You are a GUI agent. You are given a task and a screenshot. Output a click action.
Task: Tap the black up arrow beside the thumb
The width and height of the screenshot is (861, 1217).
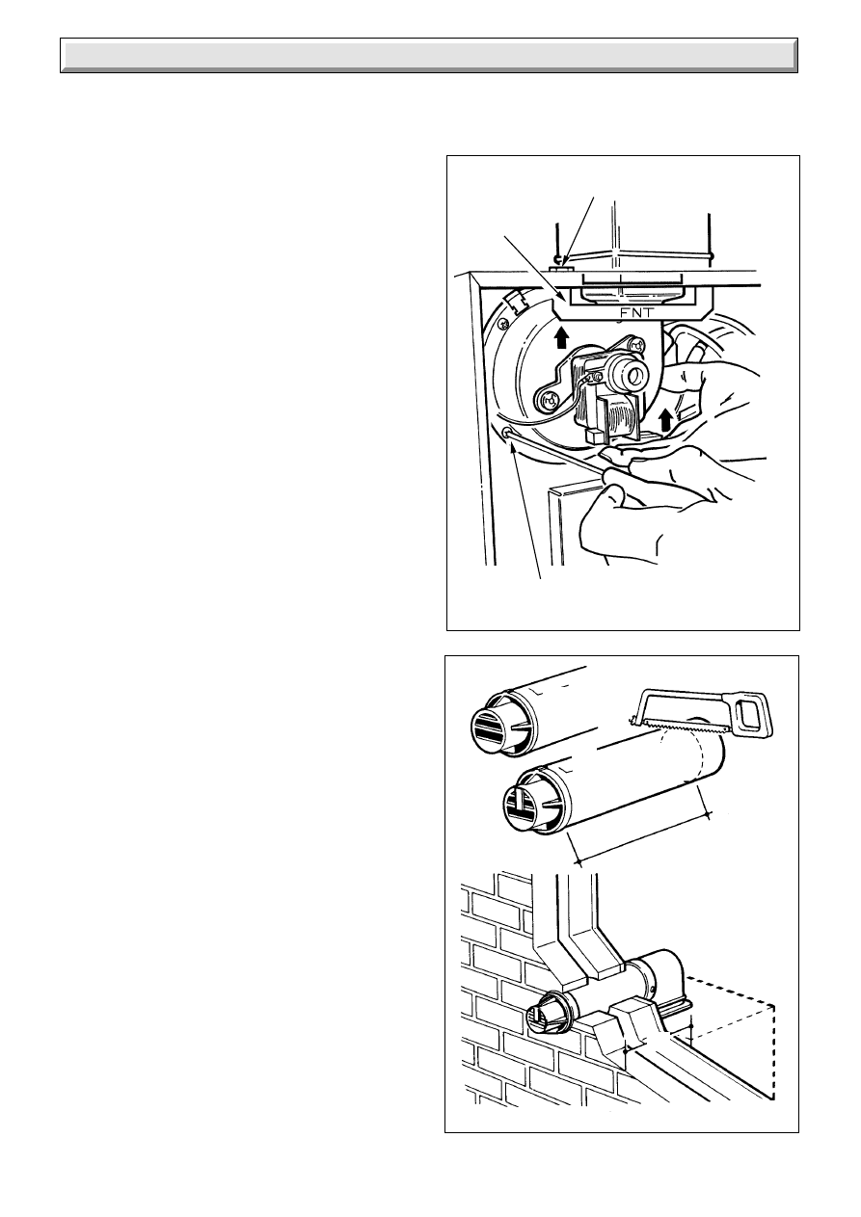(x=665, y=420)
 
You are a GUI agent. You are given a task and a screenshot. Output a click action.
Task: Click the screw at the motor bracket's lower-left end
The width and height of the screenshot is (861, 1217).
(x=549, y=401)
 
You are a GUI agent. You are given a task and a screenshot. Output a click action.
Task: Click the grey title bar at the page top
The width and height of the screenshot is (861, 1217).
(x=429, y=56)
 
